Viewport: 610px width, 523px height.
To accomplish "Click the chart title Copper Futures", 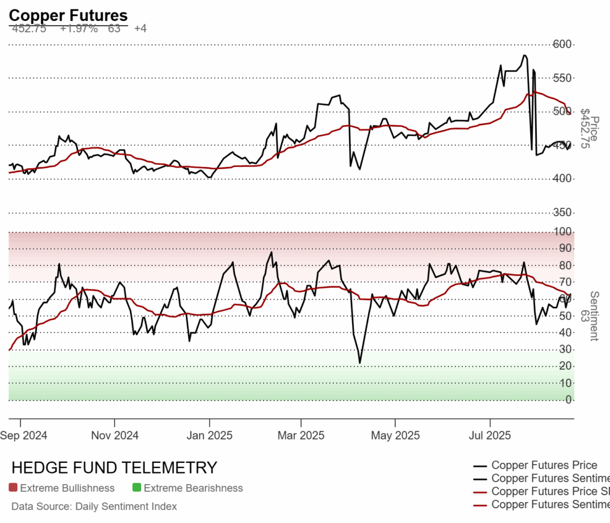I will point(68,15).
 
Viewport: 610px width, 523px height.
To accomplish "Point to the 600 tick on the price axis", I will point(562,44).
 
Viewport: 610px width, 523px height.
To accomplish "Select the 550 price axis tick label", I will point(562,78).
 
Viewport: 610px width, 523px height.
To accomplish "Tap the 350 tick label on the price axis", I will point(562,213).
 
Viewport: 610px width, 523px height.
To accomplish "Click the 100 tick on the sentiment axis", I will point(564,231).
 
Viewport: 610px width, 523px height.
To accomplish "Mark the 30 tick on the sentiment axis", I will point(566,349).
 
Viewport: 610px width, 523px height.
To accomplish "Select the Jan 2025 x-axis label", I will point(209,435).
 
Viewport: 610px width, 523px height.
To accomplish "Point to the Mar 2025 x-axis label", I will point(301,435).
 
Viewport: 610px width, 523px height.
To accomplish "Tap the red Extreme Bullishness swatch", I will point(14,488).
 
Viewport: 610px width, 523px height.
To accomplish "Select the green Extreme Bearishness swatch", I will point(137,488).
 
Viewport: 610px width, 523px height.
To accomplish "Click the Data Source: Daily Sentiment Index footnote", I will point(94,506).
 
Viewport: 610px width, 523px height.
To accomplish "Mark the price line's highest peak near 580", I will point(524,55).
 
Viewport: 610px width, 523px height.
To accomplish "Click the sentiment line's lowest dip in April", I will point(360,363).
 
